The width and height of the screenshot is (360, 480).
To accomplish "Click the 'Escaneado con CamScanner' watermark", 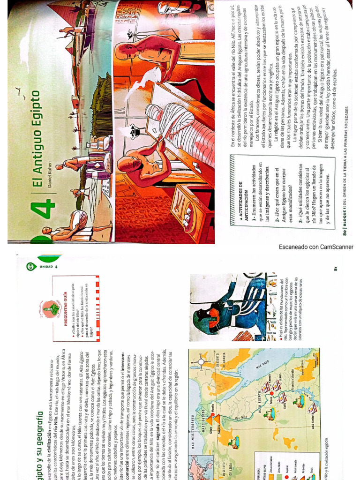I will point(316,247).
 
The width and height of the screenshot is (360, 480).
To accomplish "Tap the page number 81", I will point(348,268).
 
